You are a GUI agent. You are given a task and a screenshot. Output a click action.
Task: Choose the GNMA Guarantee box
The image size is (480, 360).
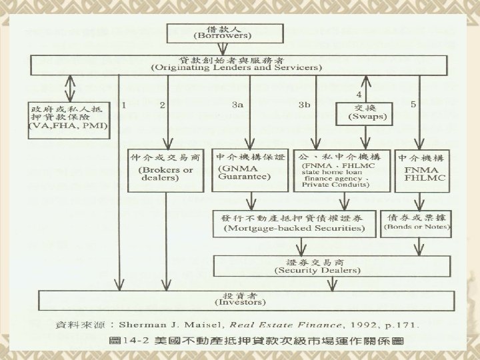click(248, 171)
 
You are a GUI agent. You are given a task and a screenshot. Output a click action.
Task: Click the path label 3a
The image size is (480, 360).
click(237, 105)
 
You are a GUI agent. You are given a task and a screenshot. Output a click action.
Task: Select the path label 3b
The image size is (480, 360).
click(305, 105)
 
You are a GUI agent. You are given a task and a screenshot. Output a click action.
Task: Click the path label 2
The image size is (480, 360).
click(162, 105)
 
